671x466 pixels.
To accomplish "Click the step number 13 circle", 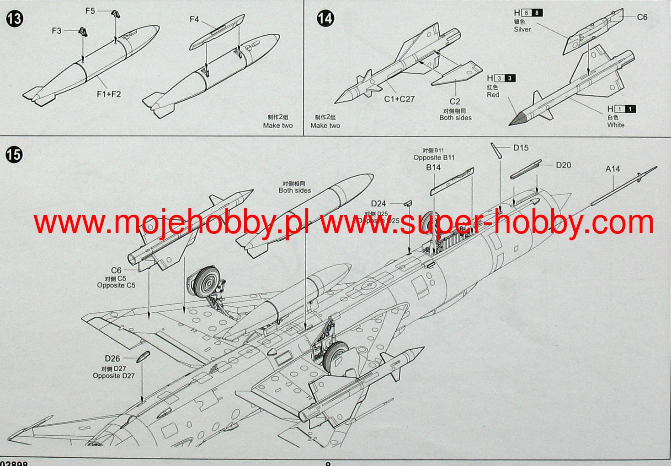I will (x=15, y=19).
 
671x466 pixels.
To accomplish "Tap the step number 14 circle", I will (x=325, y=18).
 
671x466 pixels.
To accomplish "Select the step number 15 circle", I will (x=14, y=155).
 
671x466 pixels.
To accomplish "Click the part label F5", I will (x=90, y=11).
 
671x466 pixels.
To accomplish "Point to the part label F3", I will (x=56, y=31).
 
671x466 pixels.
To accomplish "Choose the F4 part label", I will (x=194, y=19).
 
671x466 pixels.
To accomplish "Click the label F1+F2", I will (x=109, y=94).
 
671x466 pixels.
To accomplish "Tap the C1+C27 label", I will (x=399, y=99).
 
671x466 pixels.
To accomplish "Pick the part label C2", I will (x=455, y=102).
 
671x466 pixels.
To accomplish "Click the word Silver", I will (x=522, y=29).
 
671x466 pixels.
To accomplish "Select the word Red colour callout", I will (x=493, y=95).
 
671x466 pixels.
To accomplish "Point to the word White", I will (x=616, y=125).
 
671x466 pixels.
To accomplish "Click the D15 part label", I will (x=521, y=147).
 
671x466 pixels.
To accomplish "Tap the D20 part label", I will (x=563, y=165).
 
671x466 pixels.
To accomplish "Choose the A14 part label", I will (x=612, y=168).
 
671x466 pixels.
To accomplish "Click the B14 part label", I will (x=433, y=168).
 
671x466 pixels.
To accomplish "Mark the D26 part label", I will (x=112, y=359).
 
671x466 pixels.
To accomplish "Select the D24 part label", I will (x=378, y=204).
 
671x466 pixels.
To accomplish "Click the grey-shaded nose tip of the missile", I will (x=517, y=120).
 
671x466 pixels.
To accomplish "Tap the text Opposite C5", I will (x=116, y=285).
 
